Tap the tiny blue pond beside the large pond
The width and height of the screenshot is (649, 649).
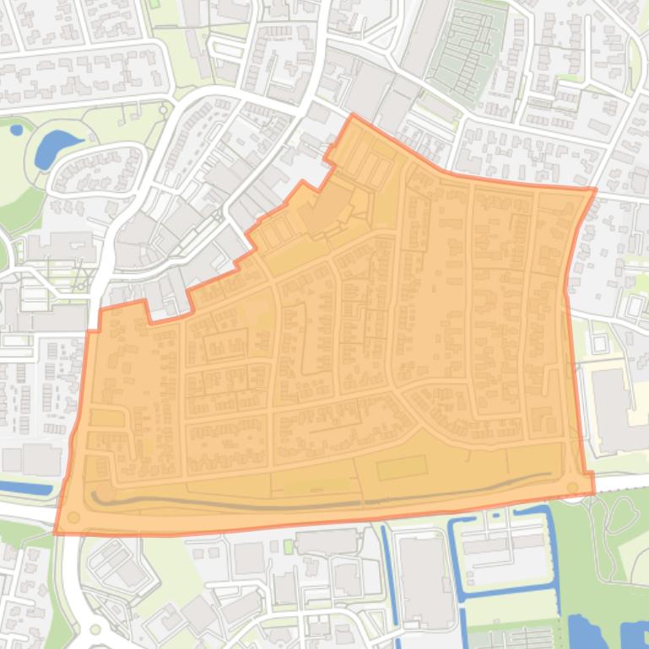pos(16,130)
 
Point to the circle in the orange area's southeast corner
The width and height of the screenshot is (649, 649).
pos(574,486)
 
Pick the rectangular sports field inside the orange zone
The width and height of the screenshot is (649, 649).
pos(403,467)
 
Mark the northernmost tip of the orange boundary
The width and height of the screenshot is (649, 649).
pos(352,115)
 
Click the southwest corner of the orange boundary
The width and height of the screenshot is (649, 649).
pos(56,534)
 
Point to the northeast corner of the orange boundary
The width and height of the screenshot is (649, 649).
pos(596,189)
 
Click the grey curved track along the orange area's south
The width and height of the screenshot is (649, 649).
pos(321,503)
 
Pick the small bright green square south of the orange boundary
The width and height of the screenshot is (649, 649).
pos(288,547)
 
